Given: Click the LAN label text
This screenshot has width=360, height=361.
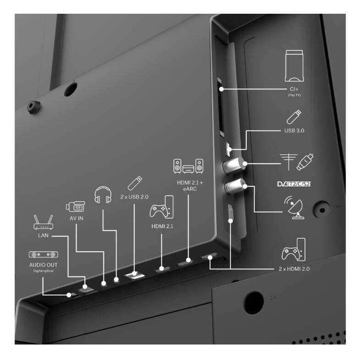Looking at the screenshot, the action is point(43,235).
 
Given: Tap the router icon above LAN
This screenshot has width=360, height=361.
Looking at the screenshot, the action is point(43,222).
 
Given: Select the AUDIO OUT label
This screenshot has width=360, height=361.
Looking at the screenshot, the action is point(43,265).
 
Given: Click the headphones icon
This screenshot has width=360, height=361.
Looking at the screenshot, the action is point(103,195).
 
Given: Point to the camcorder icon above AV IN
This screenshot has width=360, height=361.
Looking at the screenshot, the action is point(75,207).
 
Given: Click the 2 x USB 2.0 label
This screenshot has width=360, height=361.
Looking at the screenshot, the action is point(134,197).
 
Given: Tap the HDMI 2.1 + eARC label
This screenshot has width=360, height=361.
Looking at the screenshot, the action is point(190,186).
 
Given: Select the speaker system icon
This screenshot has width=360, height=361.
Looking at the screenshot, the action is point(188,166).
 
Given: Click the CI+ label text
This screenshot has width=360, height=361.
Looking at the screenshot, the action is point(294,89).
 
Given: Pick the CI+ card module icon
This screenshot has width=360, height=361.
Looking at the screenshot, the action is point(294,66).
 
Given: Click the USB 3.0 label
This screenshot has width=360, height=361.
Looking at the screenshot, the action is point(294,131).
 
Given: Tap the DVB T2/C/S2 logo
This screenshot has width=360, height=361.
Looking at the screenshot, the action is point(294,184).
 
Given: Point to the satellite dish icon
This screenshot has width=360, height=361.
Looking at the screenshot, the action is point(294,208).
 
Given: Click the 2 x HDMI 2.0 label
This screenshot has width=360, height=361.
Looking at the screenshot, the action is point(294,269).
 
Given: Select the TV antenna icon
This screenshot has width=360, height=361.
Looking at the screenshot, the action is point(288,162).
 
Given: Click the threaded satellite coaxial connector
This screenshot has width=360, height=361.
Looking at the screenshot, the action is point(234,186).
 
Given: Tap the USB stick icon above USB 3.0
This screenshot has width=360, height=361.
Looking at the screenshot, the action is point(294,117).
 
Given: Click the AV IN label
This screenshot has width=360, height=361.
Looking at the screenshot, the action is point(77,218).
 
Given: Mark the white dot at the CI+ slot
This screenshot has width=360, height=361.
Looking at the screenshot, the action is point(221,89).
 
